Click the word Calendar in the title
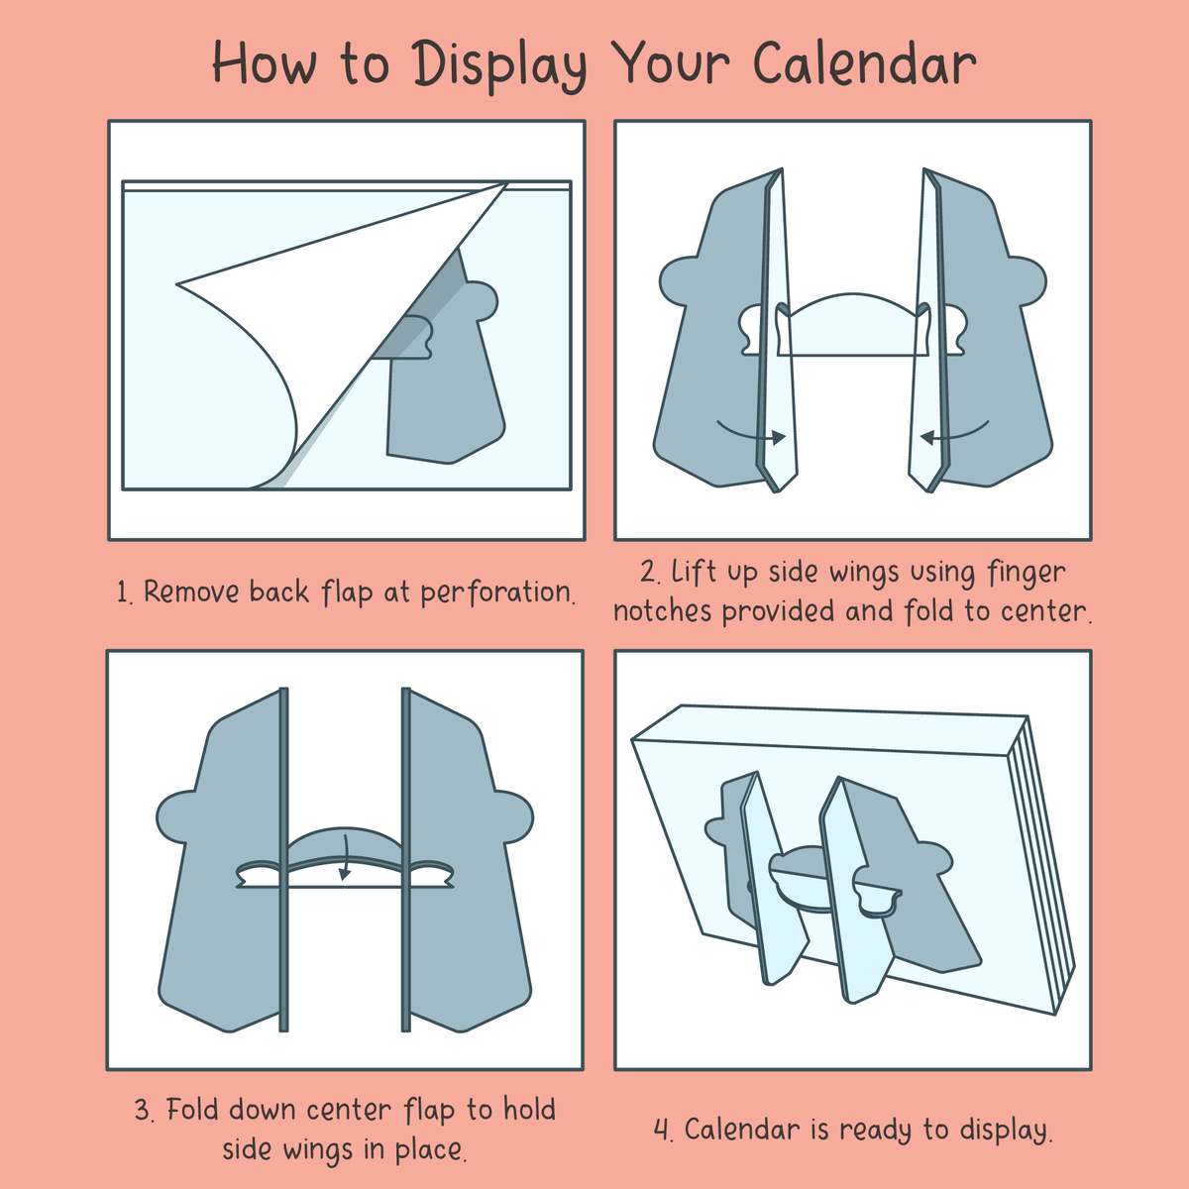point(864,63)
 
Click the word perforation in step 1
point(497,593)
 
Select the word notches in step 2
point(663,611)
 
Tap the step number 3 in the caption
point(144,1112)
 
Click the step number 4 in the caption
point(663,1131)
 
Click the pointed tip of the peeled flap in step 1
point(177,284)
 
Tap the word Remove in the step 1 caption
point(191,592)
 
